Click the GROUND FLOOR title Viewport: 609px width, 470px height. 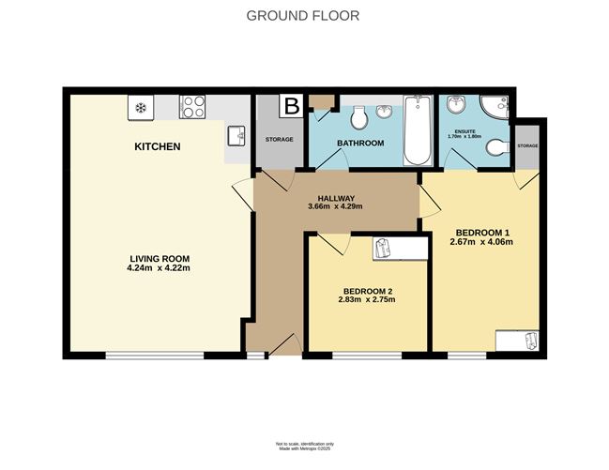302,15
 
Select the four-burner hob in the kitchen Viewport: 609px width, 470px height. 193,107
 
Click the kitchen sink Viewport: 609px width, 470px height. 235,137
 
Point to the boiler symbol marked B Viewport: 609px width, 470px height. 292,104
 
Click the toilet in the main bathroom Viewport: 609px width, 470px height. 357,118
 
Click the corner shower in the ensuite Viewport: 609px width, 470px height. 495,106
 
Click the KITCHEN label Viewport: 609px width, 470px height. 157,147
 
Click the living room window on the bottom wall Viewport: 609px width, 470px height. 154,355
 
